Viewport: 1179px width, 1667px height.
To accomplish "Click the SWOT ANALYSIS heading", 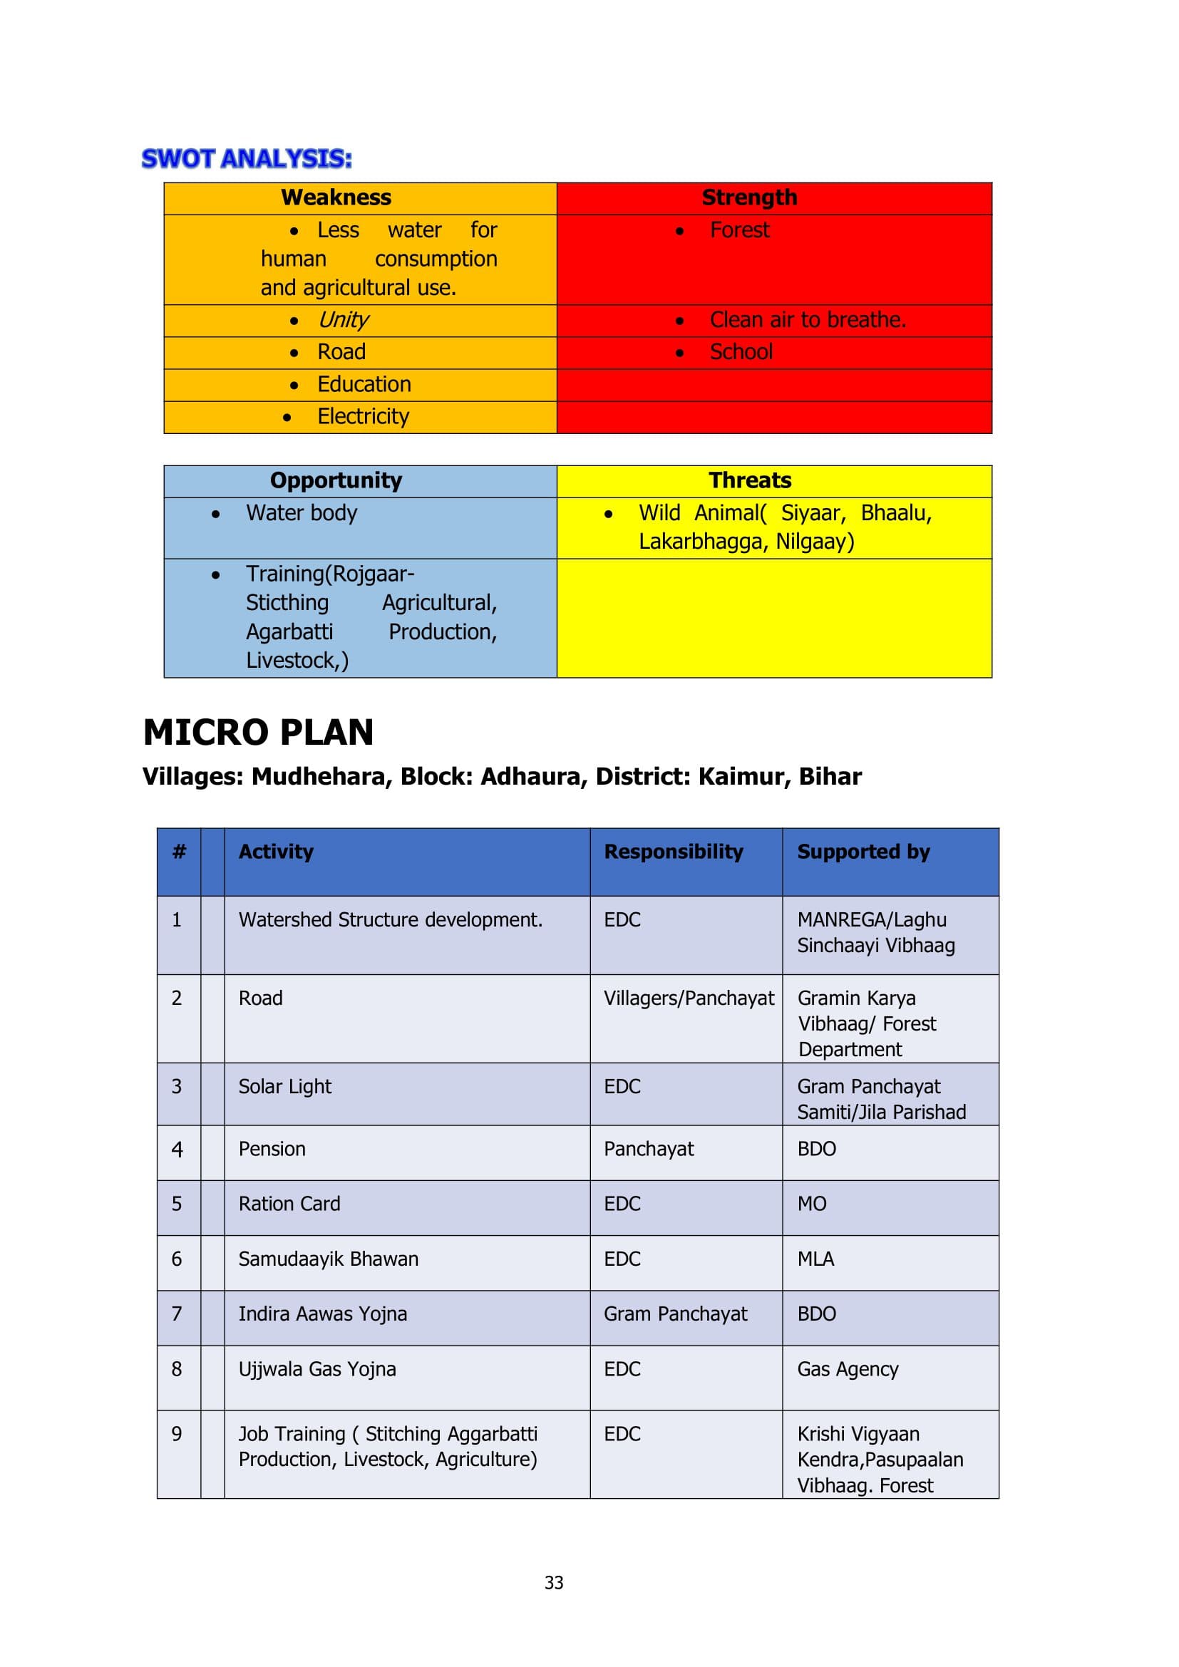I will point(246,158).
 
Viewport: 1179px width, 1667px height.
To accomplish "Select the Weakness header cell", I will point(336,197).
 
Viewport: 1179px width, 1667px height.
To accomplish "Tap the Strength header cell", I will point(749,197).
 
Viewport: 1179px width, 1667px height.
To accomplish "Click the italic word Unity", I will point(343,319).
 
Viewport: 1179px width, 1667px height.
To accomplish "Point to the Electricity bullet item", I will point(363,416).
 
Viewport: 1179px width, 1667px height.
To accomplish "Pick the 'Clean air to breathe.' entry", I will point(808,319).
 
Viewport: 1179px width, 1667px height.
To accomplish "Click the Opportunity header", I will point(336,480).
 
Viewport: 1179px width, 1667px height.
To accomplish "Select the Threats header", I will point(750,480).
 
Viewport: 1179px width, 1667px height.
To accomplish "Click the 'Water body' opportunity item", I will point(302,512).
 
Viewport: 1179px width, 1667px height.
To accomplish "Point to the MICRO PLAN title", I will point(259,732).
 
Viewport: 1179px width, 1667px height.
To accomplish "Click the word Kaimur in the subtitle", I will point(741,776).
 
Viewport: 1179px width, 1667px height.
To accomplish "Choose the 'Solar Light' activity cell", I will point(284,1086).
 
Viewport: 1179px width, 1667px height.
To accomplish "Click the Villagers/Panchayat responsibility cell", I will point(689,998).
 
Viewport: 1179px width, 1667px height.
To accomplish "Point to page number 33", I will point(554,1583).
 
